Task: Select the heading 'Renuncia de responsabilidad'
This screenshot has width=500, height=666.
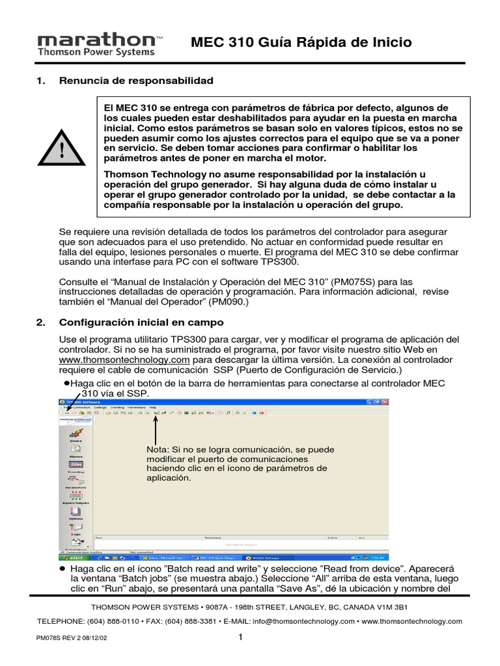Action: [136, 81]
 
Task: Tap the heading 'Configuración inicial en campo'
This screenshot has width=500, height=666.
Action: [141, 323]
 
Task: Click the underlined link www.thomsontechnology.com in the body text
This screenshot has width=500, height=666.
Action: [124, 360]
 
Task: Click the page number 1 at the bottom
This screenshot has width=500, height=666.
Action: [241, 637]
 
